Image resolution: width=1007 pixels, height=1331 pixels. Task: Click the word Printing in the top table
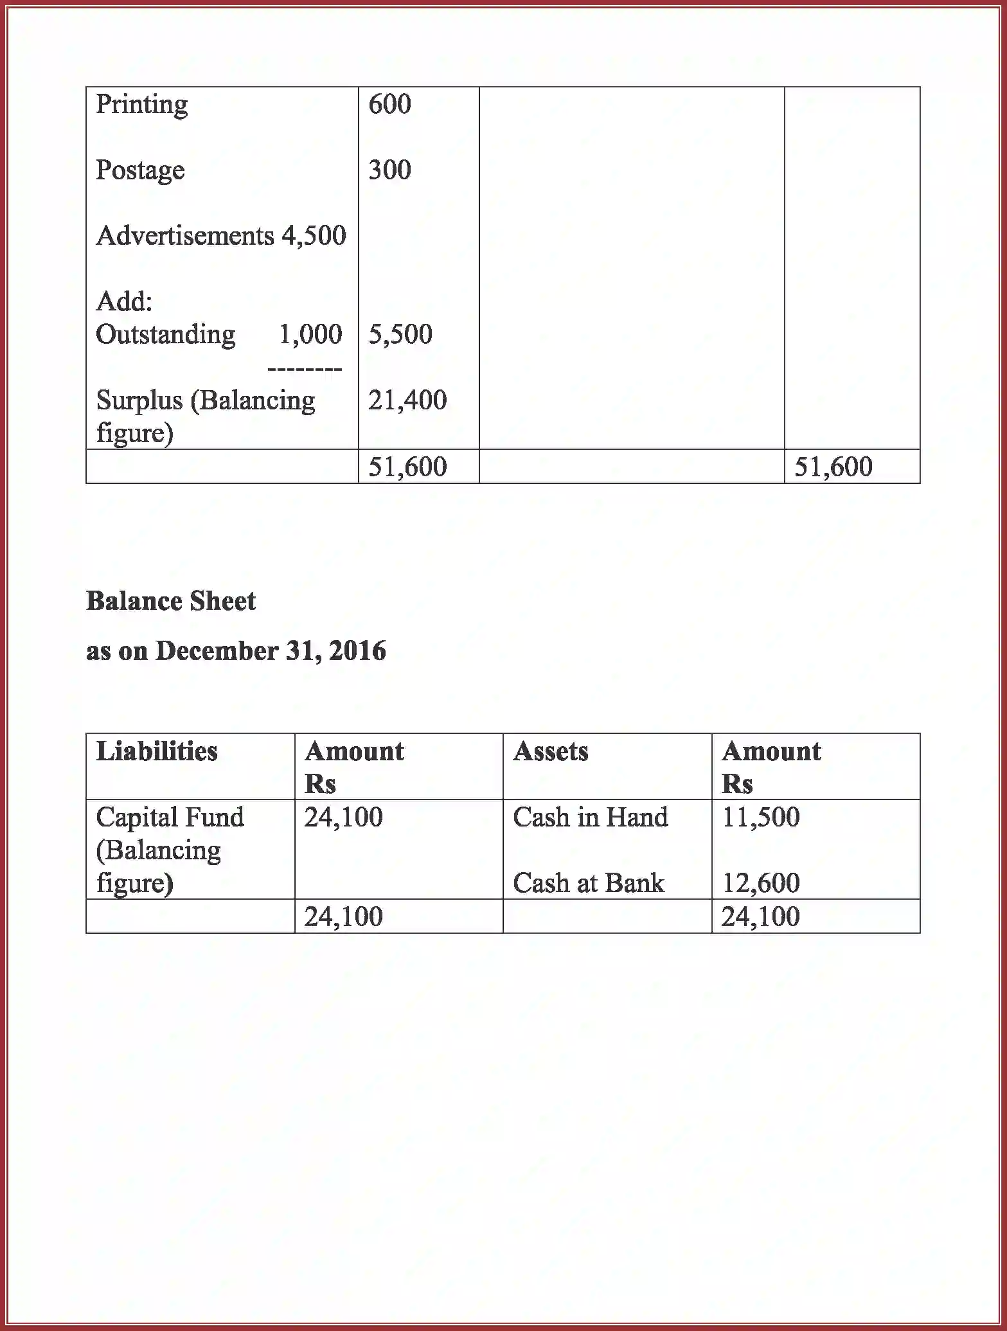click(141, 105)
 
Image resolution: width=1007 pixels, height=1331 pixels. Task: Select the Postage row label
click(140, 170)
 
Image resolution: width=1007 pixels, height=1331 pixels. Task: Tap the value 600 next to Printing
click(389, 105)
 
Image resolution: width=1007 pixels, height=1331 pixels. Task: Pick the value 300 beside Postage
click(389, 170)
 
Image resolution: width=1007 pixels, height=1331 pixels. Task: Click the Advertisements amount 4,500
click(314, 236)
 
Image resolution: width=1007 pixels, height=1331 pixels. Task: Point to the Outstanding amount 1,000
click(310, 334)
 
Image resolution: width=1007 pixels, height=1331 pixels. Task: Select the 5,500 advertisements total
click(400, 334)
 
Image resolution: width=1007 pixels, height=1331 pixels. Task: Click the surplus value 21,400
click(407, 400)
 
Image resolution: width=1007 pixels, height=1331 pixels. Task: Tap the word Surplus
click(139, 400)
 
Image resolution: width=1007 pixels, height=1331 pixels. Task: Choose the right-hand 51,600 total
click(833, 467)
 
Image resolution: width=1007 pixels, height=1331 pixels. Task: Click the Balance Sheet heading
click(171, 602)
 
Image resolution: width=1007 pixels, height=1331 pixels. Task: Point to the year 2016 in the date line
click(357, 651)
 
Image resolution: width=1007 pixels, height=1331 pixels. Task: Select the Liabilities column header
click(157, 751)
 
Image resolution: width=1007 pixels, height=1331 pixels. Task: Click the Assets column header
click(550, 751)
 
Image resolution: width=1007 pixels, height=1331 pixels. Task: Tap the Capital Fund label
click(170, 817)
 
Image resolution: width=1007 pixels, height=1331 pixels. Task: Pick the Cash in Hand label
click(590, 817)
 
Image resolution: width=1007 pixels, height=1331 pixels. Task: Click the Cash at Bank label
click(588, 883)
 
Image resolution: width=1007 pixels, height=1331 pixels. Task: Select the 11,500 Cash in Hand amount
click(761, 817)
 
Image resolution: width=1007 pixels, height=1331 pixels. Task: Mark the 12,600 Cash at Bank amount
click(761, 883)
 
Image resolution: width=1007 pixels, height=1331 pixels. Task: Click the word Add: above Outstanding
click(124, 301)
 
